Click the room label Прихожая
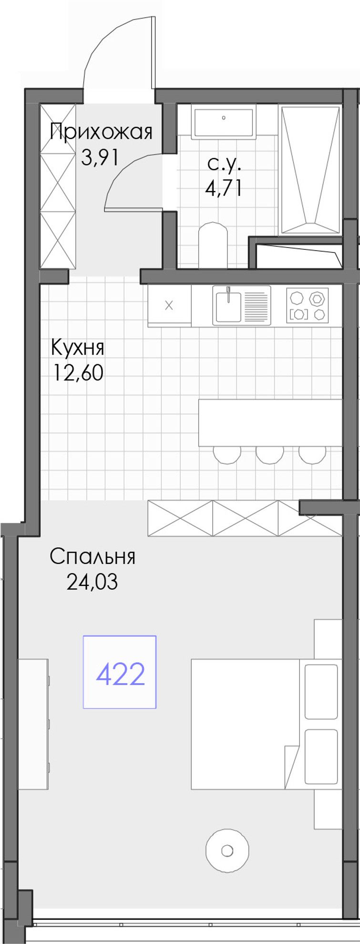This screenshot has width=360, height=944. coord(101,132)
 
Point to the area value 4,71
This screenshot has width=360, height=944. coord(224,188)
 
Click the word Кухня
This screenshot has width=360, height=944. coord(78,348)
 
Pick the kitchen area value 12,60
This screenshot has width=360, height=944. coord(78,373)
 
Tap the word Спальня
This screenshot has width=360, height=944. coord(93,556)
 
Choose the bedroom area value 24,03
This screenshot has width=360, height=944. coord(92,582)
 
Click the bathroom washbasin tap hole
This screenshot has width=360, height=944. coord(224,117)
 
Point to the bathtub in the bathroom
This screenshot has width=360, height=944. coord(311,170)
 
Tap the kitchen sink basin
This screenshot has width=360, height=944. coord(228,305)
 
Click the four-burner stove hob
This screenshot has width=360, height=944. coord(308,305)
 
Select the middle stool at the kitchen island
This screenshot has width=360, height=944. coord(270,454)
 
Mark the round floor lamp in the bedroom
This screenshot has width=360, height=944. coord(227,851)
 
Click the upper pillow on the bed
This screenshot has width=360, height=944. coord(321,691)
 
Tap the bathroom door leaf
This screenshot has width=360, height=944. coord(134,209)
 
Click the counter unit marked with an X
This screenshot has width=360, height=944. coord(169,306)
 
